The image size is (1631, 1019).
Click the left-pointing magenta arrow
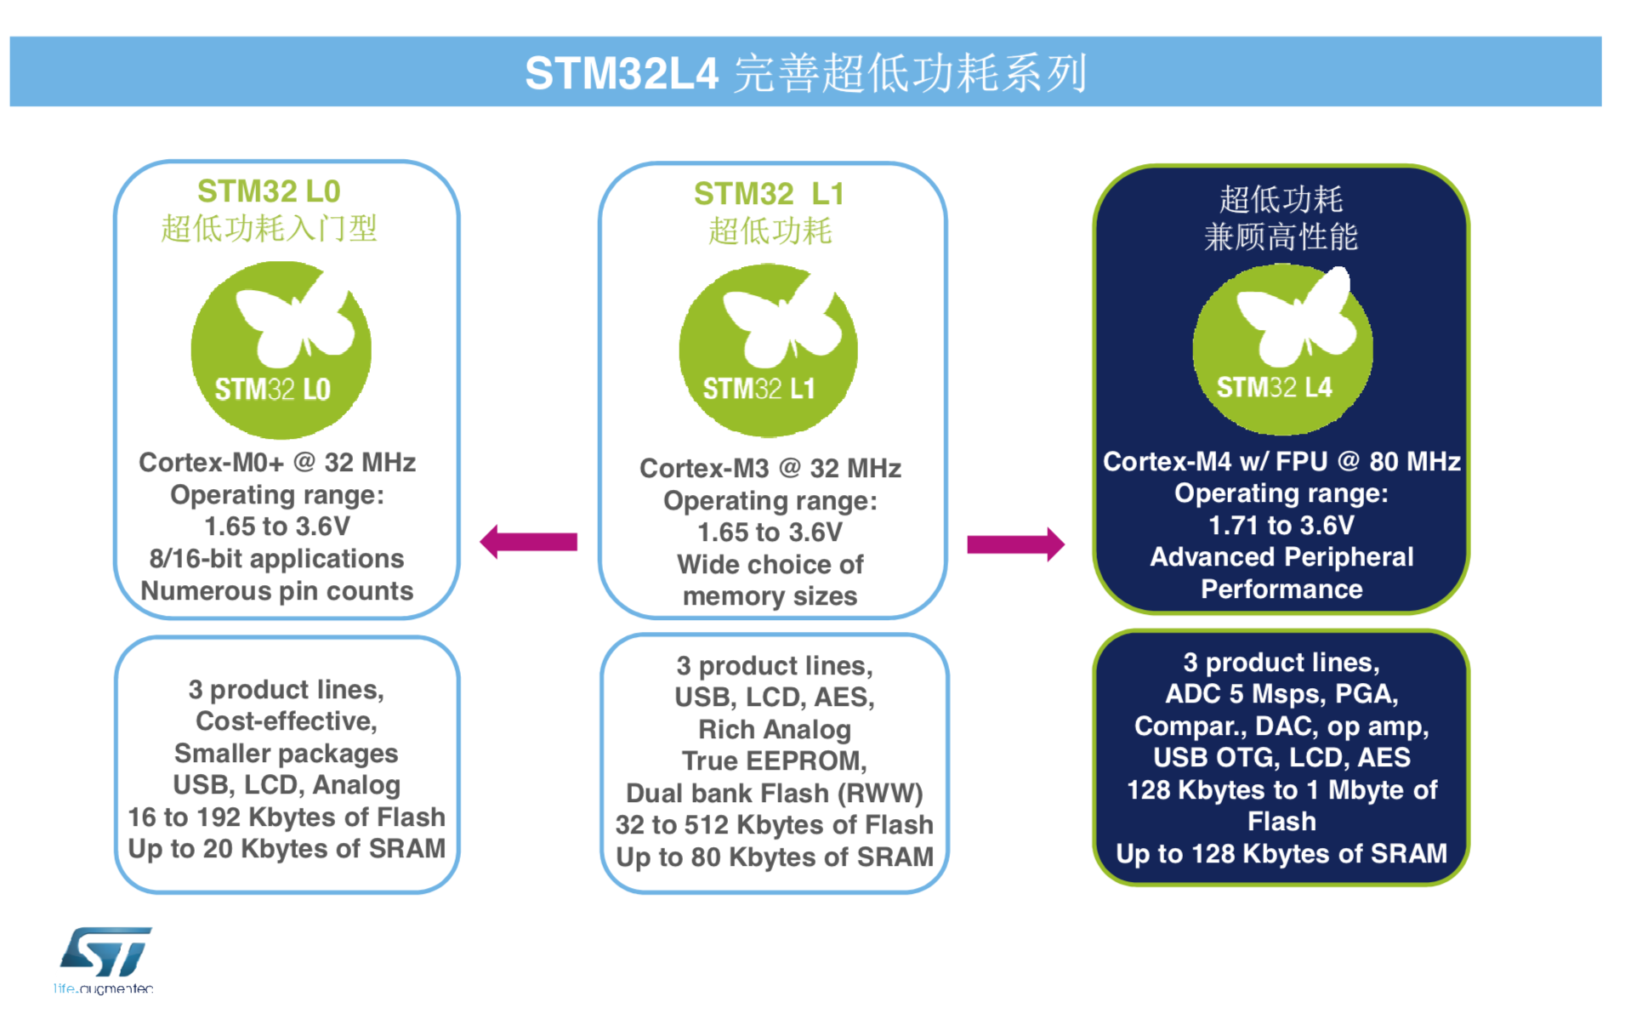(x=528, y=542)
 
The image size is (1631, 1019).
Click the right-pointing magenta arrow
(x=1015, y=544)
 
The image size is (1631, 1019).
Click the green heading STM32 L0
(x=269, y=191)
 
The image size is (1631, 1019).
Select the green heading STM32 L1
(x=769, y=194)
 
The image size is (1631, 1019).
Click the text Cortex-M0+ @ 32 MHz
(x=277, y=462)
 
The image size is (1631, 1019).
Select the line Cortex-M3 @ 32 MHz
(x=770, y=468)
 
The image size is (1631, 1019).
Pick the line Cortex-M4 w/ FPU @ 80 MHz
(x=1281, y=461)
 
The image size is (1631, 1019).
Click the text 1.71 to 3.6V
(x=1281, y=525)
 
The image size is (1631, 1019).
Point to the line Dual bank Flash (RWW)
(x=775, y=793)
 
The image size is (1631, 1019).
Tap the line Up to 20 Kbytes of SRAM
(x=287, y=848)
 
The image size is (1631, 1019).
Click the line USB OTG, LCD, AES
(x=1281, y=757)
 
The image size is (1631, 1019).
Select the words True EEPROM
(x=773, y=760)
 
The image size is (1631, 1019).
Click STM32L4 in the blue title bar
(x=622, y=72)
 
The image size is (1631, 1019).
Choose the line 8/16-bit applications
(x=277, y=558)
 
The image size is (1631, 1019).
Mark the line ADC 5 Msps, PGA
(x=1281, y=693)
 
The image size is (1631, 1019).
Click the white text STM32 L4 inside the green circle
(x=1274, y=388)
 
